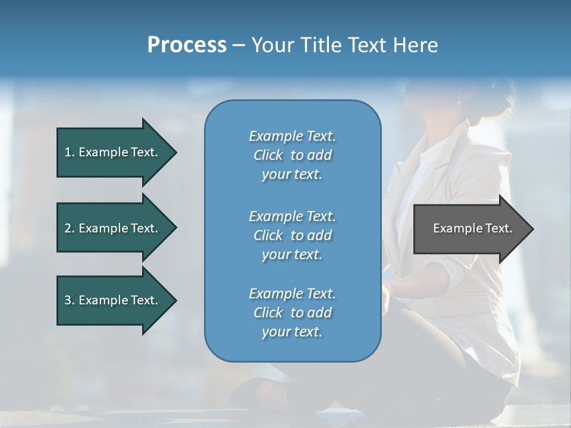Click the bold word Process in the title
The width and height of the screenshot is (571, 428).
tap(187, 45)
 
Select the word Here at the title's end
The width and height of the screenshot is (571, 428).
tap(415, 45)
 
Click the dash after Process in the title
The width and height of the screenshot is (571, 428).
tap(238, 46)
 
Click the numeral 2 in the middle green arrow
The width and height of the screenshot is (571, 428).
tap(68, 228)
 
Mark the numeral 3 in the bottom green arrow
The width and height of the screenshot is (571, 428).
tap(68, 300)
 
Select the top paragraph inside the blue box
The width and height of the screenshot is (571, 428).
tap(292, 155)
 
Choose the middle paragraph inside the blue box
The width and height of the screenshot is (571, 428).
tap(292, 235)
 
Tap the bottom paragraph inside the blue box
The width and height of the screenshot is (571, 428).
tap(292, 313)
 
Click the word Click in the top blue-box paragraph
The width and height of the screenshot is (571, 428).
tap(268, 155)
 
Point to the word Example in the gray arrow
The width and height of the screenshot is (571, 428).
tap(454, 228)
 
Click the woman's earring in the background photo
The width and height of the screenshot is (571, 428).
tap(459, 102)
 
